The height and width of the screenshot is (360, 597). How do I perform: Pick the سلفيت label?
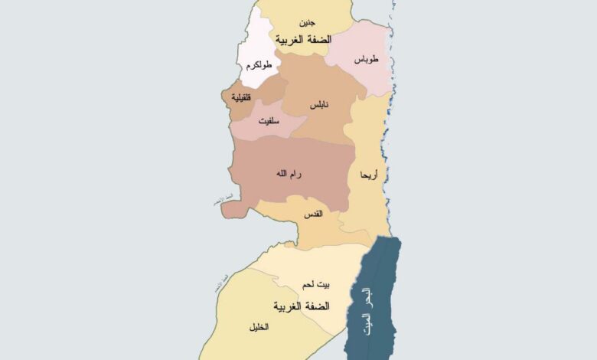[x=268, y=121]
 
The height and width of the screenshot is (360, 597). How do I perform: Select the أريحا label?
[x=369, y=175]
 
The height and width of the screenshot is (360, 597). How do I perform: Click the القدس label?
[x=314, y=214]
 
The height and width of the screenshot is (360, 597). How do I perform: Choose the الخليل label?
[x=258, y=326]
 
